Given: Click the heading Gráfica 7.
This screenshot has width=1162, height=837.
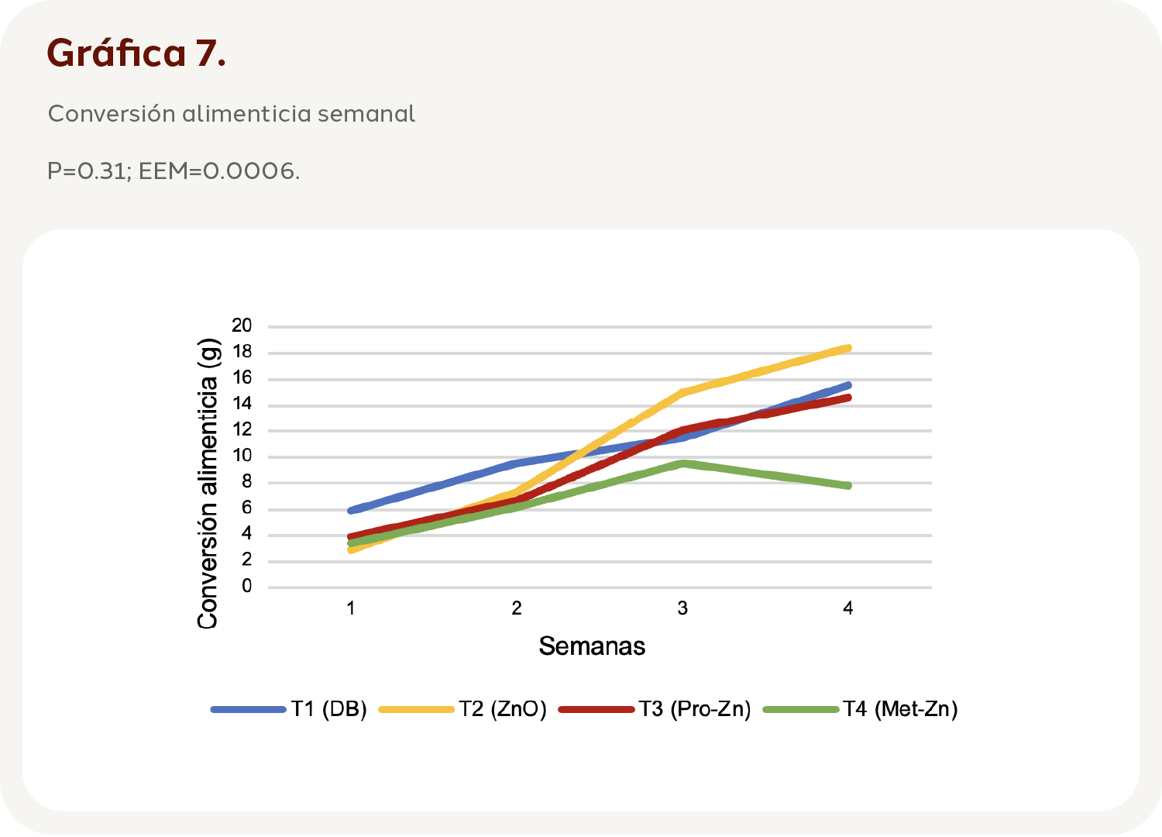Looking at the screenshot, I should click(136, 53).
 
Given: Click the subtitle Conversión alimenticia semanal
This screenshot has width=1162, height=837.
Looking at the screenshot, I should click(231, 114).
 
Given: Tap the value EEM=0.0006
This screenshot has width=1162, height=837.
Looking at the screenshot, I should click(218, 170).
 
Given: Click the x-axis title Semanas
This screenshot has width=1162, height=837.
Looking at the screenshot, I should click(592, 646).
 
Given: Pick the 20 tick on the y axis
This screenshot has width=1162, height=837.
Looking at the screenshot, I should click(242, 326).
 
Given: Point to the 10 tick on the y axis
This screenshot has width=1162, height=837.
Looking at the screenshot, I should click(242, 456).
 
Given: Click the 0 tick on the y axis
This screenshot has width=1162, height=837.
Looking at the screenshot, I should click(247, 587).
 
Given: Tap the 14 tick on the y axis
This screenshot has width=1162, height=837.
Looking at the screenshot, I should click(242, 405).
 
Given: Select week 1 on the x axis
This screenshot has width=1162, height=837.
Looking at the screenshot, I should click(351, 608).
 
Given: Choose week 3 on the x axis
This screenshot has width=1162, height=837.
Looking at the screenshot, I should click(682, 608).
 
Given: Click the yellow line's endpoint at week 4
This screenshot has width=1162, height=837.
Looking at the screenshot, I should click(848, 348).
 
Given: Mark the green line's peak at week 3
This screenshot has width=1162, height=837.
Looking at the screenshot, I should click(682, 463).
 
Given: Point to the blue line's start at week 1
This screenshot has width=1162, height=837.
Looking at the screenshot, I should click(351, 511).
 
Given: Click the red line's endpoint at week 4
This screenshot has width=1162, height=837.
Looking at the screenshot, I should click(848, 398).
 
